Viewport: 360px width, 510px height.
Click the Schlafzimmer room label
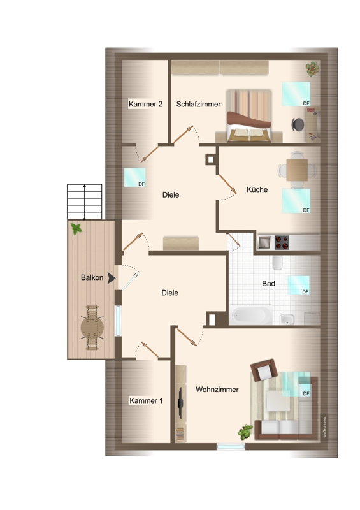(x=198, y=104)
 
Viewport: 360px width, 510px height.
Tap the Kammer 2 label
(x=145, y=104)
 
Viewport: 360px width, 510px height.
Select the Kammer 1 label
(x=146, y=400)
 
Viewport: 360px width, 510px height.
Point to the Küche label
(x=257, y=189)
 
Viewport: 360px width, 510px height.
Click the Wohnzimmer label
(x=217, y=390)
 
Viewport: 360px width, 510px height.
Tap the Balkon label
(x=92, y=277)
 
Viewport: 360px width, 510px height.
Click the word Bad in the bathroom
(x=268, y=284)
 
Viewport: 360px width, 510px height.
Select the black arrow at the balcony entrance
(x=112, y=278)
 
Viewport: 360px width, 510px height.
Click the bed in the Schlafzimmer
(x=248, y=116)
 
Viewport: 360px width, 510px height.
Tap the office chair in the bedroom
(x=298, y=124)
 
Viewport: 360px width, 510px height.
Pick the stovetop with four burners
(x=282, y=242)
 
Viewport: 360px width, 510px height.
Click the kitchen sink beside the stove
(x=264, y=242)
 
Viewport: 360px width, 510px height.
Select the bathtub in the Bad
(x=251, y=315)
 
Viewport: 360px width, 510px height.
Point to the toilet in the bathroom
(x=277, y=263)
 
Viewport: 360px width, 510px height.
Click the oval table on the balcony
(x=92, y=328)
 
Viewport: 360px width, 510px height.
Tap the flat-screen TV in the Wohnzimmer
(x=180, y=403)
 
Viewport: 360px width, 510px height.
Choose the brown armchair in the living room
(x=264, y=370)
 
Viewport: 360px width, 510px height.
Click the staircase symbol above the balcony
(x=85, y=201)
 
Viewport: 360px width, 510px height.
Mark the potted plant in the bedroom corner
(x=312, y=69)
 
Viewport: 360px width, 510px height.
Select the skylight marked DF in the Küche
(x=296, y=201)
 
